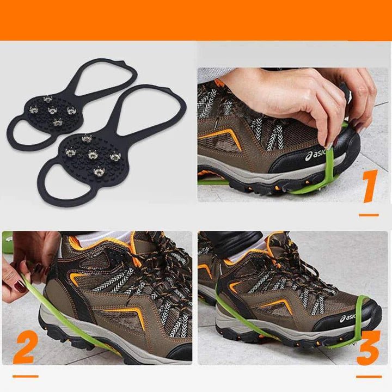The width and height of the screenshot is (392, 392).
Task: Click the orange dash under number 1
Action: pyautogui.click(x=369, y=215)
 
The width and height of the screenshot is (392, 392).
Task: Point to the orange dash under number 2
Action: pyautogui.click(x=25, y=376)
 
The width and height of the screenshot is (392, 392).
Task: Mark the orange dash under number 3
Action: pyautogui.click(x=369, y=376)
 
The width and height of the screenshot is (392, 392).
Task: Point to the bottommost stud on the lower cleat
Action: pyautogui.click(x=99, y=173)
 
